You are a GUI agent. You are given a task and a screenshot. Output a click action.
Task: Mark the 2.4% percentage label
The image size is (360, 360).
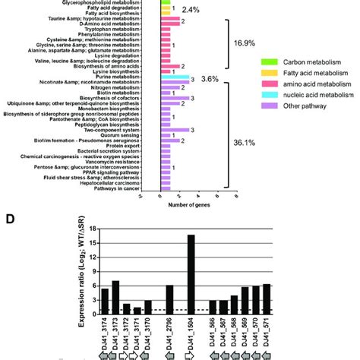point(191,10)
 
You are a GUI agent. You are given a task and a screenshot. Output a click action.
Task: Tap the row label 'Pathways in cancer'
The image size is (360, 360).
point(127,188)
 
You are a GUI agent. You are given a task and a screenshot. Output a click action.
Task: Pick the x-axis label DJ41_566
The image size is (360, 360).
point(213,335)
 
